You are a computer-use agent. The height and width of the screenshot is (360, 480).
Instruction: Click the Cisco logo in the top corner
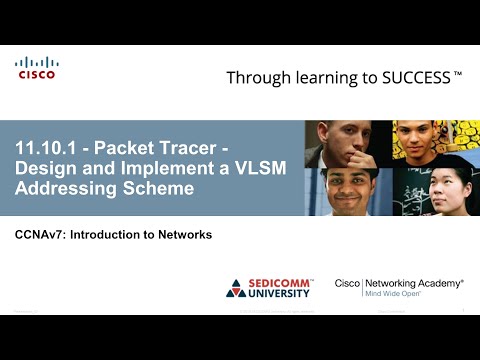coord(36,68)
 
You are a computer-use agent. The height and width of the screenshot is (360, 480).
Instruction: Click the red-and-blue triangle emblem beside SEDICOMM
coord(236,289)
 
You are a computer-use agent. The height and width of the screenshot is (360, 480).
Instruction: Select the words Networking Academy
coord(413,284)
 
